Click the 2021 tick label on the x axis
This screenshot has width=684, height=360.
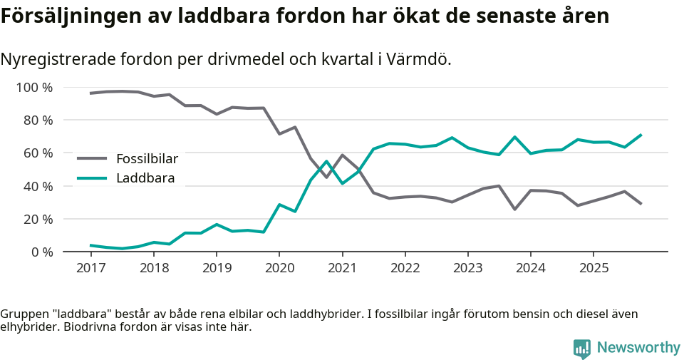[x=342, y=268]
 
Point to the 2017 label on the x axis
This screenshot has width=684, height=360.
[x=90, y=268]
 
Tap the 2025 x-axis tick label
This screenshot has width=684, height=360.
[x=594, y=268]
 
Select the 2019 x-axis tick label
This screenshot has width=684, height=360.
[x=216, y=268]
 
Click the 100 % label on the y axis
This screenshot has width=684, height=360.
[x=34, y=88]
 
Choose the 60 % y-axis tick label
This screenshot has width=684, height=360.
[x=37, y=153]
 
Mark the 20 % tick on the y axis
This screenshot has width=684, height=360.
[x=37, y=219]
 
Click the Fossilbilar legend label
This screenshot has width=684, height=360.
[x=147, y=158]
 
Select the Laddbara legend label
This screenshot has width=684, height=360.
[x=145, y=178]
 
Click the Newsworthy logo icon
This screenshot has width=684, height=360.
[x=582, y=348]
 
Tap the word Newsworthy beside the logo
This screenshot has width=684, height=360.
[x=638, y=348]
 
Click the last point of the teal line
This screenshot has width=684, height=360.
[x=641, y=135]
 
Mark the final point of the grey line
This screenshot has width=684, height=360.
[x=641, y=204]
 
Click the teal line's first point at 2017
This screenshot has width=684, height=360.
[x=90, y=245]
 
